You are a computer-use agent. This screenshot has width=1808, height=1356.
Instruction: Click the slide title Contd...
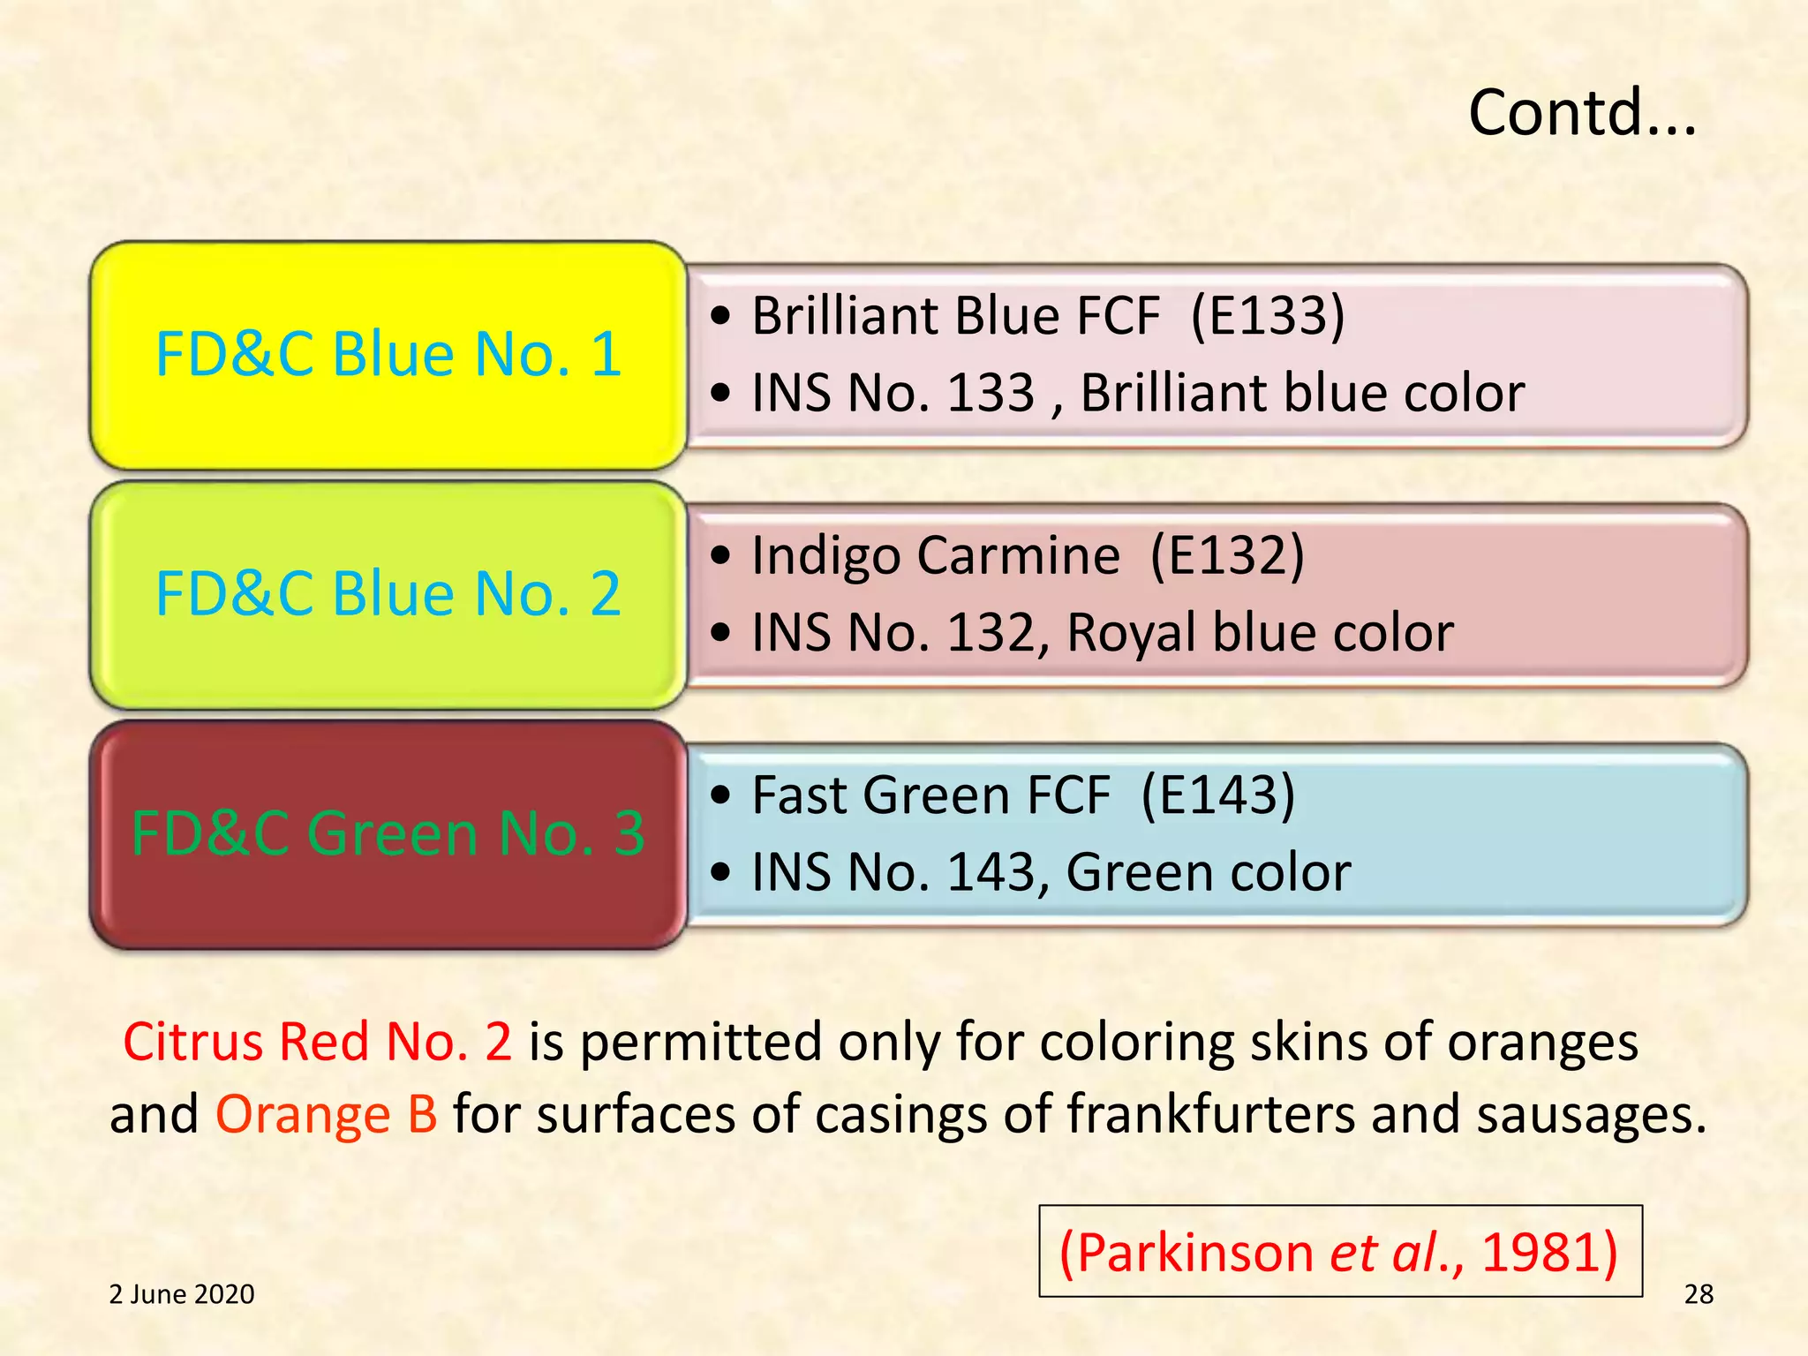[x=1581, y=113]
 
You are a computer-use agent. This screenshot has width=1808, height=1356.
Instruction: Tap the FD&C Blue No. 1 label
[x=388, y=354]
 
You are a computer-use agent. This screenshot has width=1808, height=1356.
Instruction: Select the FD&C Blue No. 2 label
[x=388, y=593]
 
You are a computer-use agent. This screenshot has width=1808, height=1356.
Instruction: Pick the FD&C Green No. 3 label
[x=388, y=833]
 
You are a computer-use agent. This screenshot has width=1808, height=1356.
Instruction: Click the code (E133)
[x=1268, y=316]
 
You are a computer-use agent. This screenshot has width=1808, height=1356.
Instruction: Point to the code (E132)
[x=1227, y=556]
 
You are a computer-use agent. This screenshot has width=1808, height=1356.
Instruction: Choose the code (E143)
[x=1218, y=795]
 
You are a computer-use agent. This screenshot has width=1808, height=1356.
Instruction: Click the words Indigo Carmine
[x=936, y=556]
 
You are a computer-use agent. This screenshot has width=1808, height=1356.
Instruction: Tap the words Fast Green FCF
[x=930, y=795]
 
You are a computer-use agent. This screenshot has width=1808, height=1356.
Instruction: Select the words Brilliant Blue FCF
[x=956, y=316]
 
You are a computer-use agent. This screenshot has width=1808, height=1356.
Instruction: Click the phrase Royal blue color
[x=1260, y=633]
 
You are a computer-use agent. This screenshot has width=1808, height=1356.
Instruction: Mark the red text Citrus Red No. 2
[x=317, y=1042]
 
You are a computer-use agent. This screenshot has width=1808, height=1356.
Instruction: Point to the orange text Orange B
[x=327, y=1114]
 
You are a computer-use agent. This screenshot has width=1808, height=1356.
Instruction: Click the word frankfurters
[x=1210, y=1114]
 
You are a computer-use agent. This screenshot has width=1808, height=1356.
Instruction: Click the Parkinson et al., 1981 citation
[x=1339, y=1252]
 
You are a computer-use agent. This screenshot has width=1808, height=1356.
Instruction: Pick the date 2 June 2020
[x=182, y=1294]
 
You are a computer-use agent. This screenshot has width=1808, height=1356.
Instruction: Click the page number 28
[x=1699, y=1294]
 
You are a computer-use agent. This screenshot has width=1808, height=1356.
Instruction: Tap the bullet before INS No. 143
[x=721, y=872]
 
